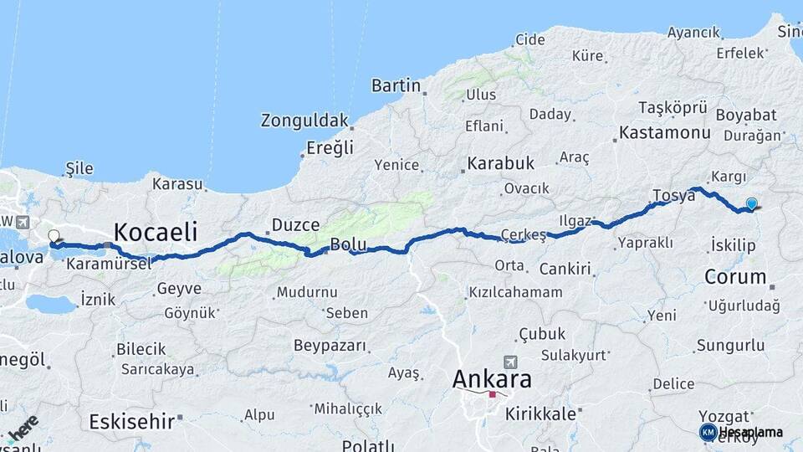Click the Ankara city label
coord(492,379)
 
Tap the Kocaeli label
coord(155,232)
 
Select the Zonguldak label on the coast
coord(304,121)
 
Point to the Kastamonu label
coord(664,133)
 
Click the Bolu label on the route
coord(349,244)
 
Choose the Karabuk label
coord(500,162)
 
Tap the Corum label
coord(735,276)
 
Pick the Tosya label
coord(674,196)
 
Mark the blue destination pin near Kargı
coord(751,203)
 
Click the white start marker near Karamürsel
coord(54,237)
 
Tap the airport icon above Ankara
coord(510,362)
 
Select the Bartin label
coord(396,85)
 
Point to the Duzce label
coord(295,225)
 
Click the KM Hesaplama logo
coord(742,432)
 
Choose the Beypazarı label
coord(330,346)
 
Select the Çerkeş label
coord(523,234)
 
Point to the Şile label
coord(79,169)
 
